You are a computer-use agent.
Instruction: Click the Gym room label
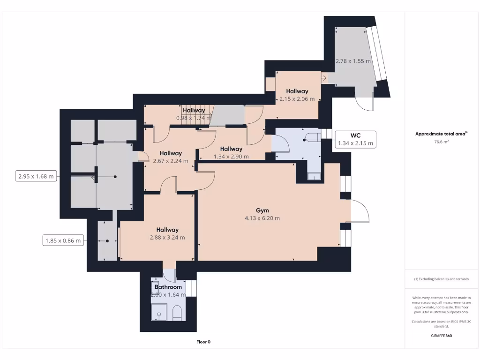pyautogui.click(x=262, y=210)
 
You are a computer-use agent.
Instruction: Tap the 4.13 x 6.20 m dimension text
pyautogui.click(x=262, y=218)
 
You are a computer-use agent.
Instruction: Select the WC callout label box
pyautogui.click(x=355, y=139)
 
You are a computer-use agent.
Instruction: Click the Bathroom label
pyautogui.click(x=168, y=287)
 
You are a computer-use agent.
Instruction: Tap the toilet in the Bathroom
pyautogui.click(x=178, y=313)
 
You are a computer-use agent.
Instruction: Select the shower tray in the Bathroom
pyautogui.click(x=159, y=311)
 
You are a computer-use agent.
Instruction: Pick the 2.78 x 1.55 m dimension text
pyautogui.click(x=353, y=61)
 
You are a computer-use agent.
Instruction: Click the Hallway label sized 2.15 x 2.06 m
pyautogui.click(x=297, y=91)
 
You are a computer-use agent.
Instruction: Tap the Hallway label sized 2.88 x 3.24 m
pyautogui.click(x=167, y=230)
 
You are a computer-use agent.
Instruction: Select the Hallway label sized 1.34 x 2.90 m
pyautogui.click(x=231, y=149)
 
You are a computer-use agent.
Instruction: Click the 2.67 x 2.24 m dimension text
pyautogui.click(x=171, y=161)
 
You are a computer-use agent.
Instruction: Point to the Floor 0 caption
pyautogui.click(x=203, y=342)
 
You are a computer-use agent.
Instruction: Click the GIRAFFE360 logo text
pyautogui.click(x=441, y=336)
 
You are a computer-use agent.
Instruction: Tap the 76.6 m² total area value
pyautogui.click(x=441, y=142)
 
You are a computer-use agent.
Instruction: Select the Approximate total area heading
pyautogui.click(x=441, y=134)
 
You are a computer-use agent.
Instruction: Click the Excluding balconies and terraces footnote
pyautogui.click(x=441, y=279)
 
